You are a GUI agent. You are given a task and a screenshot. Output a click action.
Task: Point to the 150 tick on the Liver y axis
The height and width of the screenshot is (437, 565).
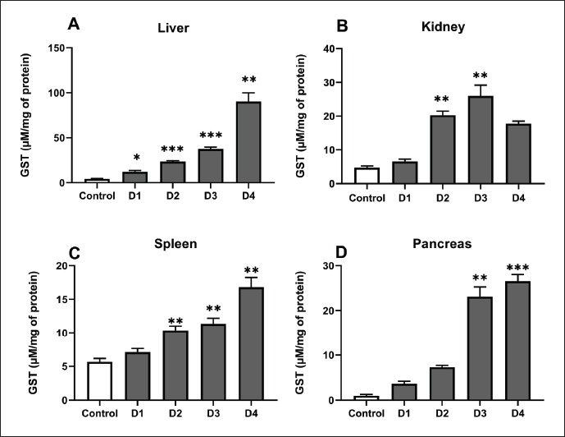tap(55, 48)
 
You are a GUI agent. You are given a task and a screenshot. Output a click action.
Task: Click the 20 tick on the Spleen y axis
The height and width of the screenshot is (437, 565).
tap(57, 265)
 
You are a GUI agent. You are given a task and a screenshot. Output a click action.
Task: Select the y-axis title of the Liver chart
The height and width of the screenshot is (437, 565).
tap(28, 115)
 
